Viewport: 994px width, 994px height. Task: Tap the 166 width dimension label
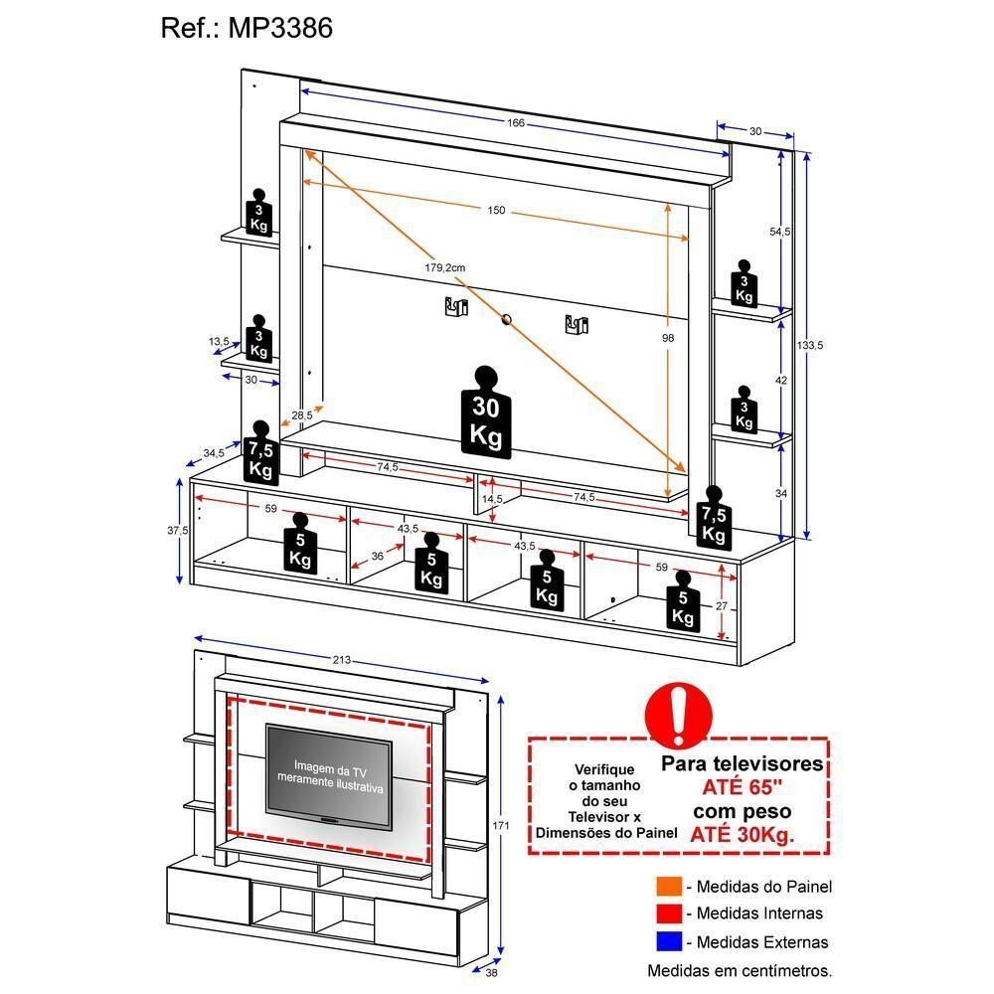[x=515, y=123]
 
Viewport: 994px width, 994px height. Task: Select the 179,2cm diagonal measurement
[x=446, y=268]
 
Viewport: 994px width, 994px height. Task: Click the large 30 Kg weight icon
[x=486, y=414]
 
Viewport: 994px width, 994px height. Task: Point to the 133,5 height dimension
[x=811, y=345]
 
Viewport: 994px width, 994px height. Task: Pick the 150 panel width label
[x=496, y=210]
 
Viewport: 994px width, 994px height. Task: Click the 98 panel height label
[x=668, y=338]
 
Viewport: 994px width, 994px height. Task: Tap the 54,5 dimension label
[x=780, y=232]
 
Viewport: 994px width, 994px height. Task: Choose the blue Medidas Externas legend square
[x=667, y=940]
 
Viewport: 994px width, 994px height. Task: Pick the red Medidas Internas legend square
[x=667, y=913]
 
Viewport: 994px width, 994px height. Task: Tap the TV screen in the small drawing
[x=329, y=775]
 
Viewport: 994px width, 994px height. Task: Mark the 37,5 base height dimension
[x=178, y=531]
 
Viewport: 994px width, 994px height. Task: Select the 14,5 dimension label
[x=492, y=499]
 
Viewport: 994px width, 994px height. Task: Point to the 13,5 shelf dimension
[x=219, y=342]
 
